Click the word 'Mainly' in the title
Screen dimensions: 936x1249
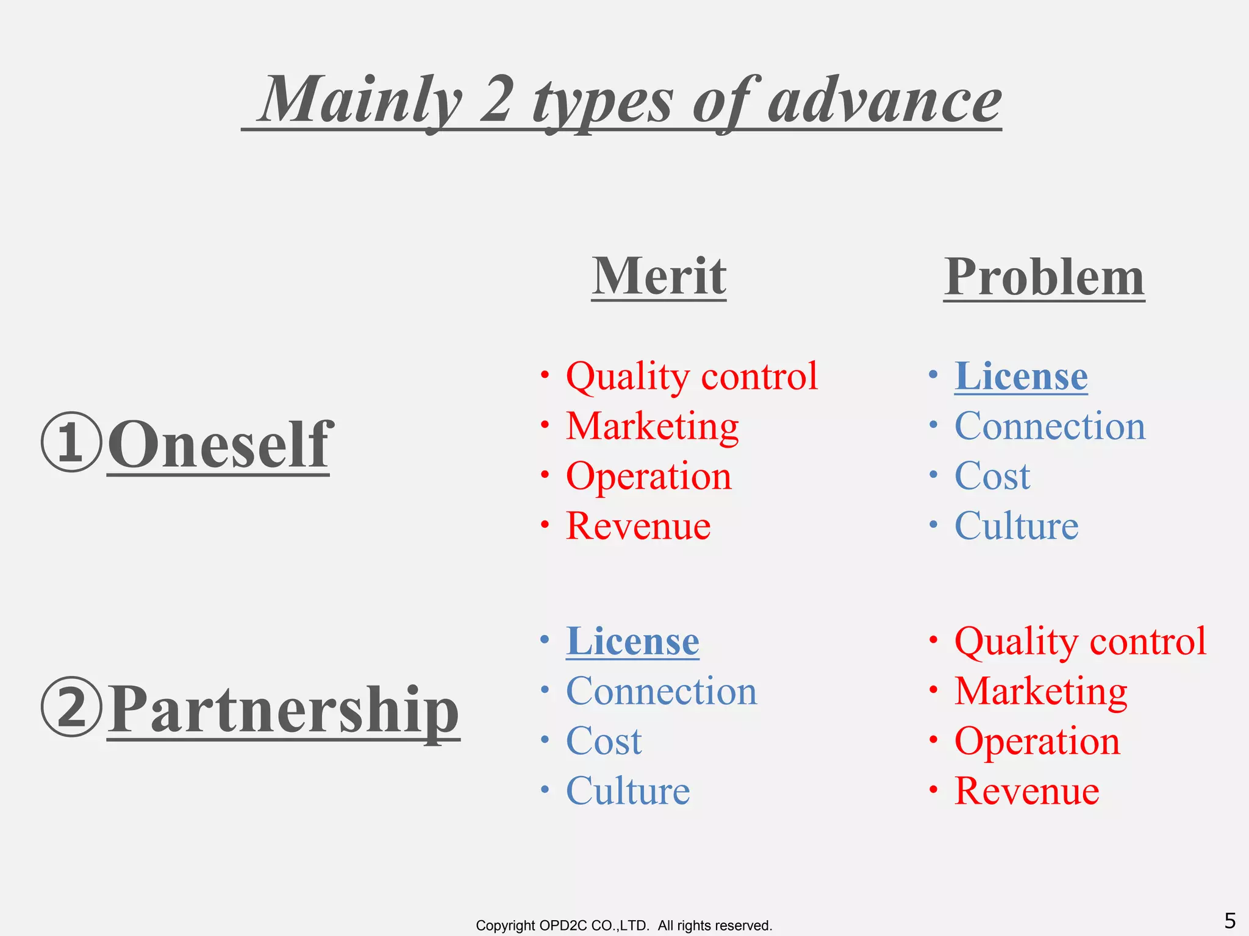click(x=360, y=101)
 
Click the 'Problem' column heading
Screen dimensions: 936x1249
click(x=1044, y=277)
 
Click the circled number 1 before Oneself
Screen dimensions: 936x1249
click(x=71, y=442)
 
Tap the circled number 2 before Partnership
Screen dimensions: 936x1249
click(x=71, y=707)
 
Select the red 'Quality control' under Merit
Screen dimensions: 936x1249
click(x=692, y=376)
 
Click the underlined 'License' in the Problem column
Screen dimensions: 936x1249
click(x=1021, y=376)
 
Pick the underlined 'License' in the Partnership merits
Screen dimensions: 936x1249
click(x=632, y=641)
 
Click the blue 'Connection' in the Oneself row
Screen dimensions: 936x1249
click(x=1050, y=426)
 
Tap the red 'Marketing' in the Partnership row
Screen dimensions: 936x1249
click(x=1040, y=692)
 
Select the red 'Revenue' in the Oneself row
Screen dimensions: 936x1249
click(x=638, y=526)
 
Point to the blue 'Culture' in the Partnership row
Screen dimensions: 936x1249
click(x=628, y=791)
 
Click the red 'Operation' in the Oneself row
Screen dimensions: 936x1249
click(x=648, y=476)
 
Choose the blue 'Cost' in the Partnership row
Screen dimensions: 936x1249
click(x=604, y=741)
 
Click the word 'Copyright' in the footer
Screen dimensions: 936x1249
click(x=504, y=926)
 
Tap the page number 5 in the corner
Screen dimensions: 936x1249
click(x=1230, y=920)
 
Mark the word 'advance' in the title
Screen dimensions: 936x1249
click(x=884, y=101)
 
